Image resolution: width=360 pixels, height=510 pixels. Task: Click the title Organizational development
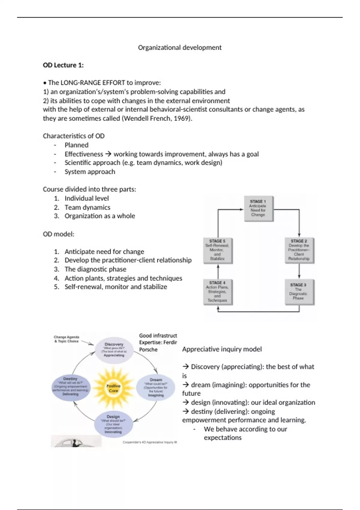180,47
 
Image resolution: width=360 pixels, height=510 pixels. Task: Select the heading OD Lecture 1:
63,65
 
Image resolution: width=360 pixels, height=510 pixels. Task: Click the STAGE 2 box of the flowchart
299,250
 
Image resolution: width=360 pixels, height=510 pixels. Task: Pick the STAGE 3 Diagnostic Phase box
298,292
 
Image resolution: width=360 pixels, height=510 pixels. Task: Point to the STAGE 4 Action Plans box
217,292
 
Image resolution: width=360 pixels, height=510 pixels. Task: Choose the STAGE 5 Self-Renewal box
217,250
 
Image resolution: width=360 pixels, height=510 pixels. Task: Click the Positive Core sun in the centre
113,388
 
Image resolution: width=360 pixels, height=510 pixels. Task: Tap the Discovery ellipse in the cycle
114,350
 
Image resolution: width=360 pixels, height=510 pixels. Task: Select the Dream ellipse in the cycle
156,387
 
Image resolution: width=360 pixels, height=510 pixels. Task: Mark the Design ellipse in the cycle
113,424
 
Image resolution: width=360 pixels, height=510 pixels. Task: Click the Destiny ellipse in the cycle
70,387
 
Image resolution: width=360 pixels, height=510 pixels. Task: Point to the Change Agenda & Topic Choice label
66,339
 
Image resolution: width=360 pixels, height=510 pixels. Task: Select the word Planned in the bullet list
76,145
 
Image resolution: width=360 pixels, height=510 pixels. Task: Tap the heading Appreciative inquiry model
222,349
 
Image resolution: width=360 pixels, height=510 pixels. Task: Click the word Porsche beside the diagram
148,349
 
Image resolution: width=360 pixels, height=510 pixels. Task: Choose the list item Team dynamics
87,207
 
